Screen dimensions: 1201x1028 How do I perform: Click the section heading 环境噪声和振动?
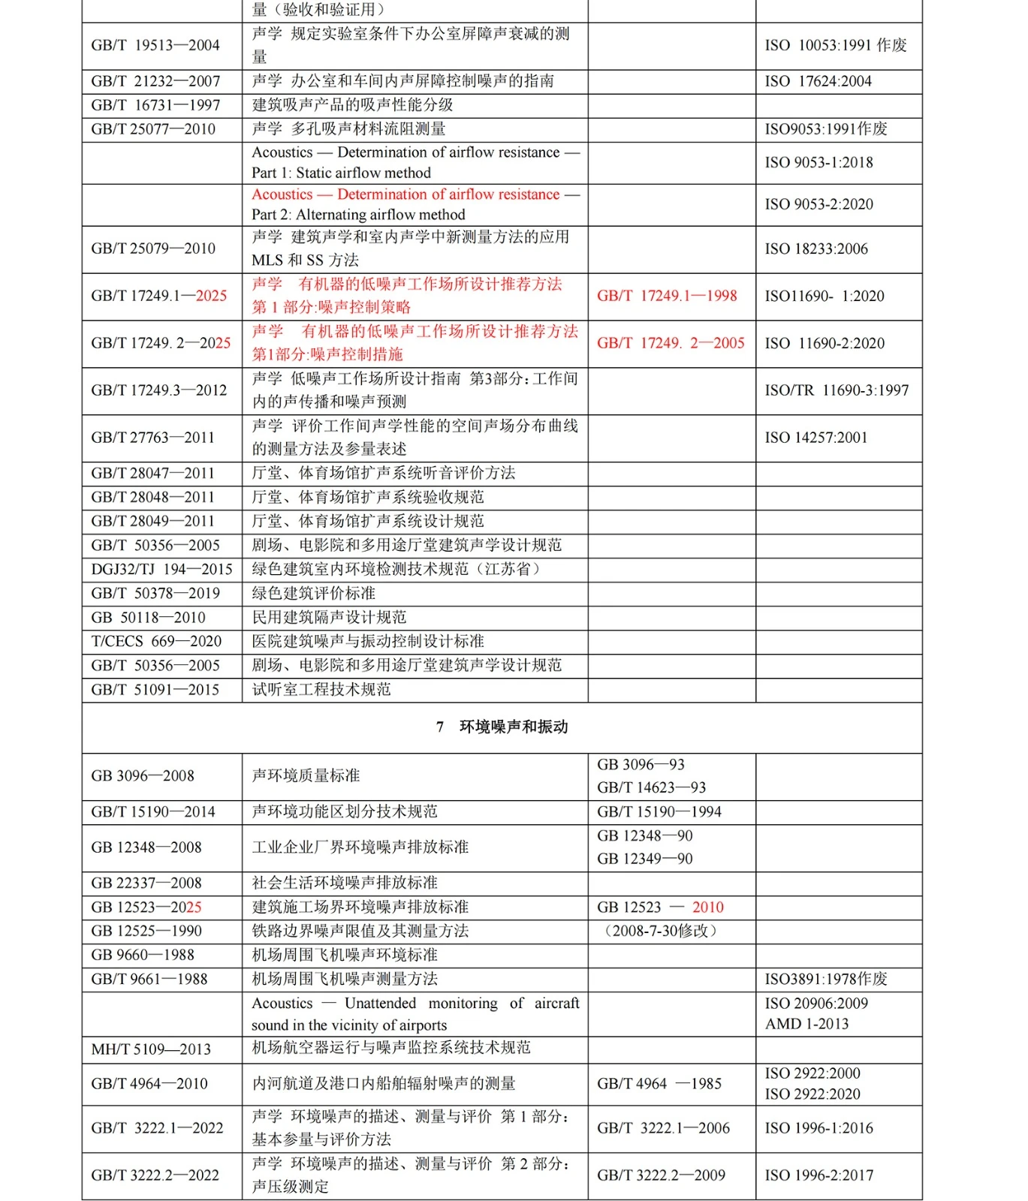coord(513,727)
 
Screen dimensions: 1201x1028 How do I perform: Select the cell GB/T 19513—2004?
coord(155,45)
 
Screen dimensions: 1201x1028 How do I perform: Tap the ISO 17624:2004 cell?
coord(818,81)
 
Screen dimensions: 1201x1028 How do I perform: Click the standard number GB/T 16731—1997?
coord(155,105)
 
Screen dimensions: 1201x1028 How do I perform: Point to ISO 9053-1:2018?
coord(818,162)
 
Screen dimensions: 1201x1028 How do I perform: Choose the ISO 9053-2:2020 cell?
coord(818,204)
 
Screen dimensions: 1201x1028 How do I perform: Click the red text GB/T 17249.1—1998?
coord(667,296)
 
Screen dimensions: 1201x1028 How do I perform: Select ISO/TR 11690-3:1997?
coord(837,390)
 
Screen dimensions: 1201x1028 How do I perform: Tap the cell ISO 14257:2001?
coord(815,438)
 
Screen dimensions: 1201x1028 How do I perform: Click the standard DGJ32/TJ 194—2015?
coord(161,569)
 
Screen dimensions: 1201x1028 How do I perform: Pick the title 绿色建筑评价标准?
coord(313,593)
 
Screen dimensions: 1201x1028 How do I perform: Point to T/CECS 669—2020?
coord(156,641)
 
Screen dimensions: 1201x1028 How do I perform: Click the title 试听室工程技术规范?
coord(321,689)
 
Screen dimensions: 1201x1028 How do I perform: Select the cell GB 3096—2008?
coord(143,776)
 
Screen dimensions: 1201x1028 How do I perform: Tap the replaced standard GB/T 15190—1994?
coord(659,811)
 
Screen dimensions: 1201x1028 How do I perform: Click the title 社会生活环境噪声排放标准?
coord(345,883)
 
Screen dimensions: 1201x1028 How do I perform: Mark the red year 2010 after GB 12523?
coord(707,907)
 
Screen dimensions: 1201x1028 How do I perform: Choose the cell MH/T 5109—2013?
coord(151,1049)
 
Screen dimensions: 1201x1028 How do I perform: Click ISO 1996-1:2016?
coord(818,1128)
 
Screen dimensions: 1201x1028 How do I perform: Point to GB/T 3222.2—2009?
coord(661,1175)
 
